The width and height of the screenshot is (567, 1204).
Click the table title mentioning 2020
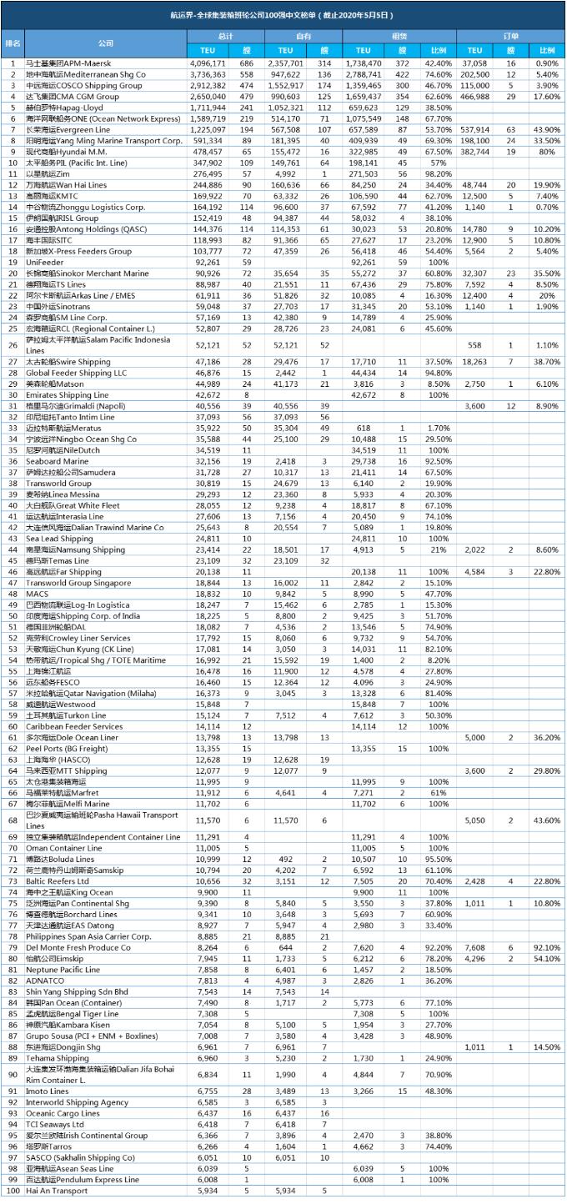(283, 14)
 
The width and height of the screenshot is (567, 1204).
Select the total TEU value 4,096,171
(208, 63)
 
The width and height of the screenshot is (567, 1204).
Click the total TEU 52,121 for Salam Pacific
(208, 344)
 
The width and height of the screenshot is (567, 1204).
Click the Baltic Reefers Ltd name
(58, 880)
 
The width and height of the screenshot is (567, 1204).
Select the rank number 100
(13, 1191)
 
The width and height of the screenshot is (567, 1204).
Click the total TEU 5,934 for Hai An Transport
(208, 1191)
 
